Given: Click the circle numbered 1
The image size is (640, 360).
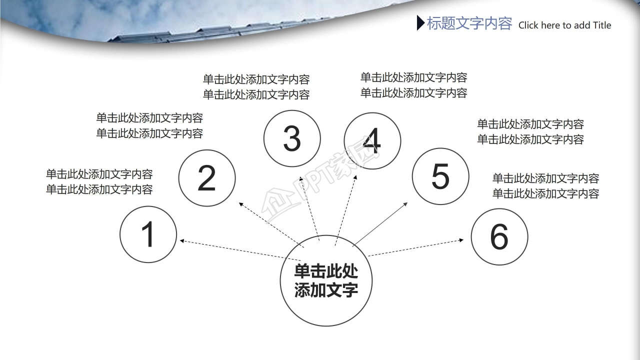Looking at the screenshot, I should pos(148,234).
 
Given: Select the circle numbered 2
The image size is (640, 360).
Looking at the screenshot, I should pos(206,178).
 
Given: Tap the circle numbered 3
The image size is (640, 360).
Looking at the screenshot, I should pos(292,138).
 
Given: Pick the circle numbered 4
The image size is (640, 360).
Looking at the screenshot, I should pos(372,141).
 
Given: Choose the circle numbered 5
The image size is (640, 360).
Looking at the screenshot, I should pos(440,176).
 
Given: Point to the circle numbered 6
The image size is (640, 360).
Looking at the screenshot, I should pos(499,236).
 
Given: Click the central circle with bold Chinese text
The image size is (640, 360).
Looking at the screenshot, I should pos(326,281).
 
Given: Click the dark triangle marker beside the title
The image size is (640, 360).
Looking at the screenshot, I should pos(420,23).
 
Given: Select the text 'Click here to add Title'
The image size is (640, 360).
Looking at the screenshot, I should pos(564,25).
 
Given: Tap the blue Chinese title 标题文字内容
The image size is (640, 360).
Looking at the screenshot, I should pos(469,23).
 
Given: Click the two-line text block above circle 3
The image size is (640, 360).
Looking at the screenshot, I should pos(256,87).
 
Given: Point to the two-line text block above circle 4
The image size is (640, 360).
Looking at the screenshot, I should pos(413,85).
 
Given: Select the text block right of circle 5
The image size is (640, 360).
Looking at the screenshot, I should pos(530,132).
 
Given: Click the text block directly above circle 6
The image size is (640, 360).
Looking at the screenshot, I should pos(545,186).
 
